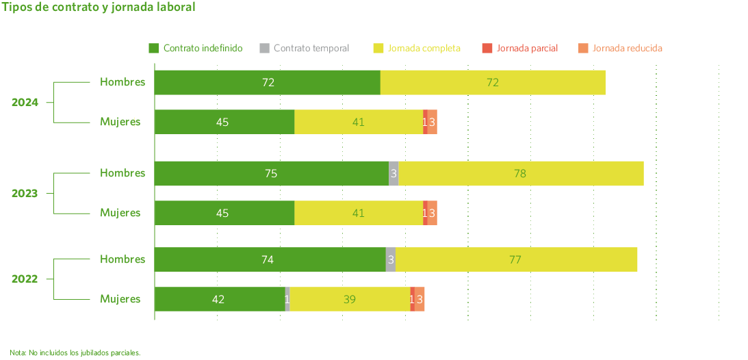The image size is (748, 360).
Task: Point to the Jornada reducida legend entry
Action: tap(621, 49)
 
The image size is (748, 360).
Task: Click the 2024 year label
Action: tap(25, 103)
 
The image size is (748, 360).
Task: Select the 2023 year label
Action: tap(25, 193)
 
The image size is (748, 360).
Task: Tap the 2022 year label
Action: tap(25, 279)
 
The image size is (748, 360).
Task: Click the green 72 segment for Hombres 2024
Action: tap(268, 82)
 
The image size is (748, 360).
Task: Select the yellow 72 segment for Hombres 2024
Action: tap(493, 82)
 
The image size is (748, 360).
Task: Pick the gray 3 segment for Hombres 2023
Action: tap(394, 173)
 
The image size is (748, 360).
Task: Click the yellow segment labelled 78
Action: tap(520, 173)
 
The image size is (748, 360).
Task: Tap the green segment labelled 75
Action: tap(271, 173)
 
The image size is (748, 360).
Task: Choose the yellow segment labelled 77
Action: tap(516, 259)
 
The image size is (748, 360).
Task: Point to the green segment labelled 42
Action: tap(219, 299)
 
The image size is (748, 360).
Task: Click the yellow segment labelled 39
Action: tap(350, 299)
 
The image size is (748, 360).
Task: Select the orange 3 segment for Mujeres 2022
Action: tap(420, 299)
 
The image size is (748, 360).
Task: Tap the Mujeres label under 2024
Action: tap(120, 122)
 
